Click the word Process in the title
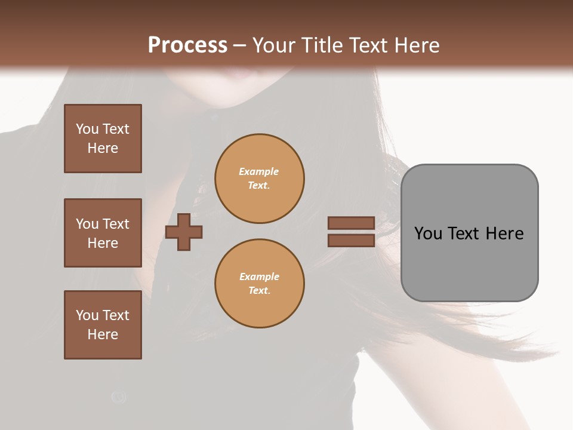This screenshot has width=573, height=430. [187, 45]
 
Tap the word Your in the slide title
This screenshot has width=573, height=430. [274, 45]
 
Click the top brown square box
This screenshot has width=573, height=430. [103, 139]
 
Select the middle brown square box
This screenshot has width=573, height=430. [103, 233]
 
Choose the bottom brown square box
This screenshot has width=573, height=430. [103, 325]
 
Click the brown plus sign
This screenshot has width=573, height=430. [184, 232]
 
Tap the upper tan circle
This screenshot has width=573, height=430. [259, 179]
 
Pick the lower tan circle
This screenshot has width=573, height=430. [259, 283]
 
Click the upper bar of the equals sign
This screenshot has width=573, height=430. [351, 223]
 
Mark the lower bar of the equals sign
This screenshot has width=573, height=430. [351, 240]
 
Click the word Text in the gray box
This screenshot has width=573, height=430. [464, 233]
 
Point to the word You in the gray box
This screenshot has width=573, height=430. [428, 233]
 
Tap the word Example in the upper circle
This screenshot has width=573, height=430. [259, 171]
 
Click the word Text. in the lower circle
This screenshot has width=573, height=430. [259, 290]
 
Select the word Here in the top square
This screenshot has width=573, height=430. [103, 148]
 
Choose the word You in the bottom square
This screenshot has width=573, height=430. [87, 315]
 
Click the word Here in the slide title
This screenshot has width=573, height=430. [417, 45]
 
